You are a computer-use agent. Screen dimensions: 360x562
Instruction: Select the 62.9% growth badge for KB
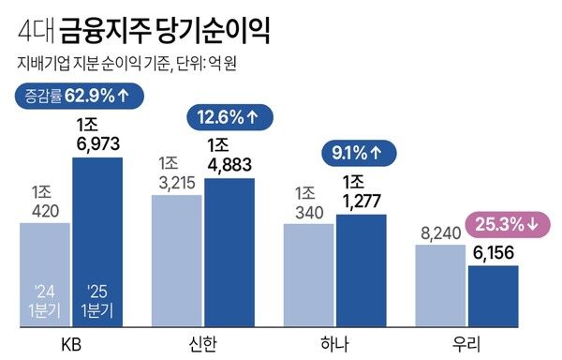[73, 95]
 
